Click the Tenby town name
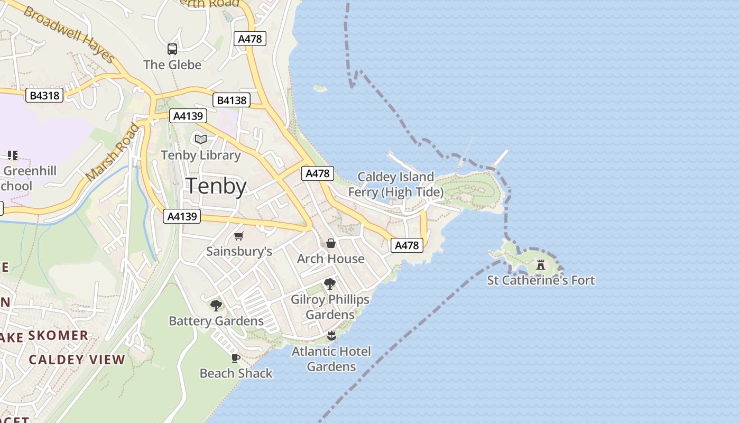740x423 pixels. (x=216, y=186)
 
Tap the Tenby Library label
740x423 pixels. (x=200, y=155)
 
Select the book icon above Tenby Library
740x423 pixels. (x=200, y=139)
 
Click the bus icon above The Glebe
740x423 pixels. (x=172, y=49)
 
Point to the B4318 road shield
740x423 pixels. (x=44, y=96)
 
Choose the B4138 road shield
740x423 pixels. (x=231, y=100)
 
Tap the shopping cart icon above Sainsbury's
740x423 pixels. (x=239, y=236)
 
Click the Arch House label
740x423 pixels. (x=330, y=259)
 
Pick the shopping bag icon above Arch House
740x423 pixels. (x=330, y=243)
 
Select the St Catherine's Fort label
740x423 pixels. (x=541, y=280)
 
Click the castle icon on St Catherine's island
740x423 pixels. (x=540, y=264)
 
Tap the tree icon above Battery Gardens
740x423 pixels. (x=216, y=305)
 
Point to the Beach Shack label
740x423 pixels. (x=236, y=373)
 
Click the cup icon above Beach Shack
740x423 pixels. (x=236, y=358)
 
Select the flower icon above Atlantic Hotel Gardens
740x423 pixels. (x=331, y=335)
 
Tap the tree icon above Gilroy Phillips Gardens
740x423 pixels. (x=330, y=284)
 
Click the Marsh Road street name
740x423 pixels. (x=113, y=152)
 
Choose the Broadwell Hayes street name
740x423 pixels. (x=69, y=35)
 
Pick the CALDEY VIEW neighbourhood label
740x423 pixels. (x=77, y=360)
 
